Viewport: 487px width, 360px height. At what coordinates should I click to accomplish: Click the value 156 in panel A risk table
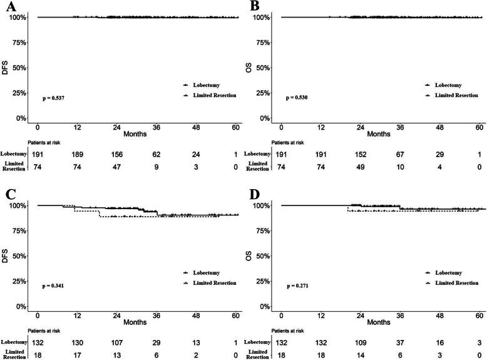(117, 155)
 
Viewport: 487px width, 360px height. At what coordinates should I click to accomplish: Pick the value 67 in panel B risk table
(400, 155)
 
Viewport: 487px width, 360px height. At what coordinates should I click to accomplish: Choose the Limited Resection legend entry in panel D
(452, 283)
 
